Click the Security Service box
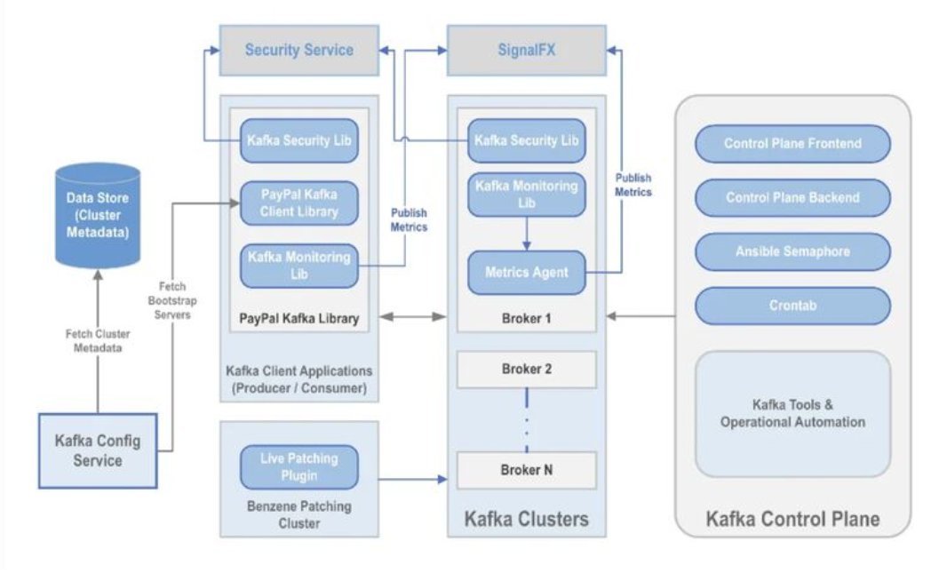pos(298,51)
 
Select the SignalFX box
pos(526,51)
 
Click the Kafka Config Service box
pos(98,450)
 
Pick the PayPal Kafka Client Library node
pos(299,203)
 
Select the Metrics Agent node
pos(526,273)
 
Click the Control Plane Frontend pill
pos(792,144)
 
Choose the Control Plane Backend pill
pos(792,197)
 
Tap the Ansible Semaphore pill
pos(792,251)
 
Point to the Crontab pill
pos(792,306)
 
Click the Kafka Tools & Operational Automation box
pos(792,414)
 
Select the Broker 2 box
pos(526,369)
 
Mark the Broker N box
pos(526,470)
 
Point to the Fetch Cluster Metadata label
pos(99,342)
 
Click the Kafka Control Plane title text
pos(792,519)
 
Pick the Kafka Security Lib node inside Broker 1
pos(526,140)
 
